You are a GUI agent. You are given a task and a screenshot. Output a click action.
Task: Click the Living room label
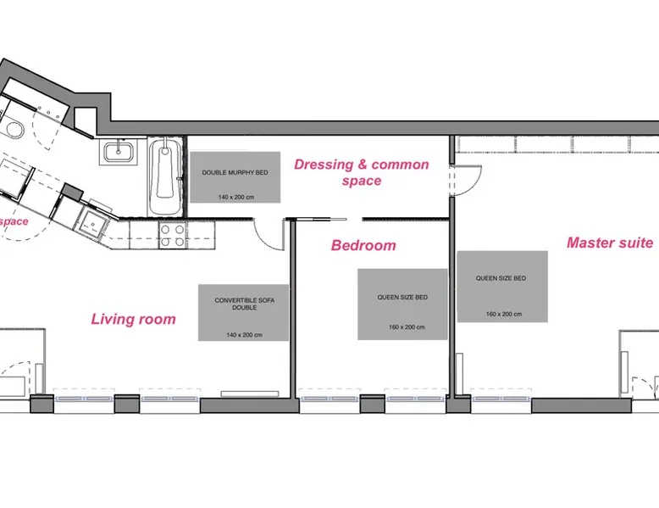pos(133,319)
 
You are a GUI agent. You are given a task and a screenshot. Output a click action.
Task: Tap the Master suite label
pos(610,243)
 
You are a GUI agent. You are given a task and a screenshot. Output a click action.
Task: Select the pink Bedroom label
pos(363,245)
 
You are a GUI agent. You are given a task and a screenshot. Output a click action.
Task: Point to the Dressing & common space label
pos(362,172)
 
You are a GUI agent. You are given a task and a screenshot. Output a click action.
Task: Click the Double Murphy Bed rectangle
pos(235,177)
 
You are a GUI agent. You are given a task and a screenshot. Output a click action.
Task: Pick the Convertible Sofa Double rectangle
pos(243,313)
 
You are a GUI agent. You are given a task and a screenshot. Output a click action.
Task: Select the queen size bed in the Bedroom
pos(402,304)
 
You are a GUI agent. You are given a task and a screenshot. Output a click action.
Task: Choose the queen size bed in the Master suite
pos(502,287)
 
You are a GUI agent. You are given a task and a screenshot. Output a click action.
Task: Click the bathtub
pos(165,176)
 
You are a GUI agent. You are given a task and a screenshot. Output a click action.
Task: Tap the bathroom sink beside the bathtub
pos(119,152)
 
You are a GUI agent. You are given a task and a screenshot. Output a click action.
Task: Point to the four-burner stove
pos(173,235)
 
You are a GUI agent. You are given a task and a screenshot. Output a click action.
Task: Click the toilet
pos(13,129)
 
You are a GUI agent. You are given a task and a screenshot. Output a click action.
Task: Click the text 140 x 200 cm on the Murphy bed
pos(236,197)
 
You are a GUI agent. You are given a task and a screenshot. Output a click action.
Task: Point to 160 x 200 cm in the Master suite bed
pos(504,314)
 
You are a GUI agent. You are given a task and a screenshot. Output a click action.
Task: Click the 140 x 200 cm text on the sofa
pos(244,335)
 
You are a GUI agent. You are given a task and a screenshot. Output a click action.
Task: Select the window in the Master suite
pos(501,399)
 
